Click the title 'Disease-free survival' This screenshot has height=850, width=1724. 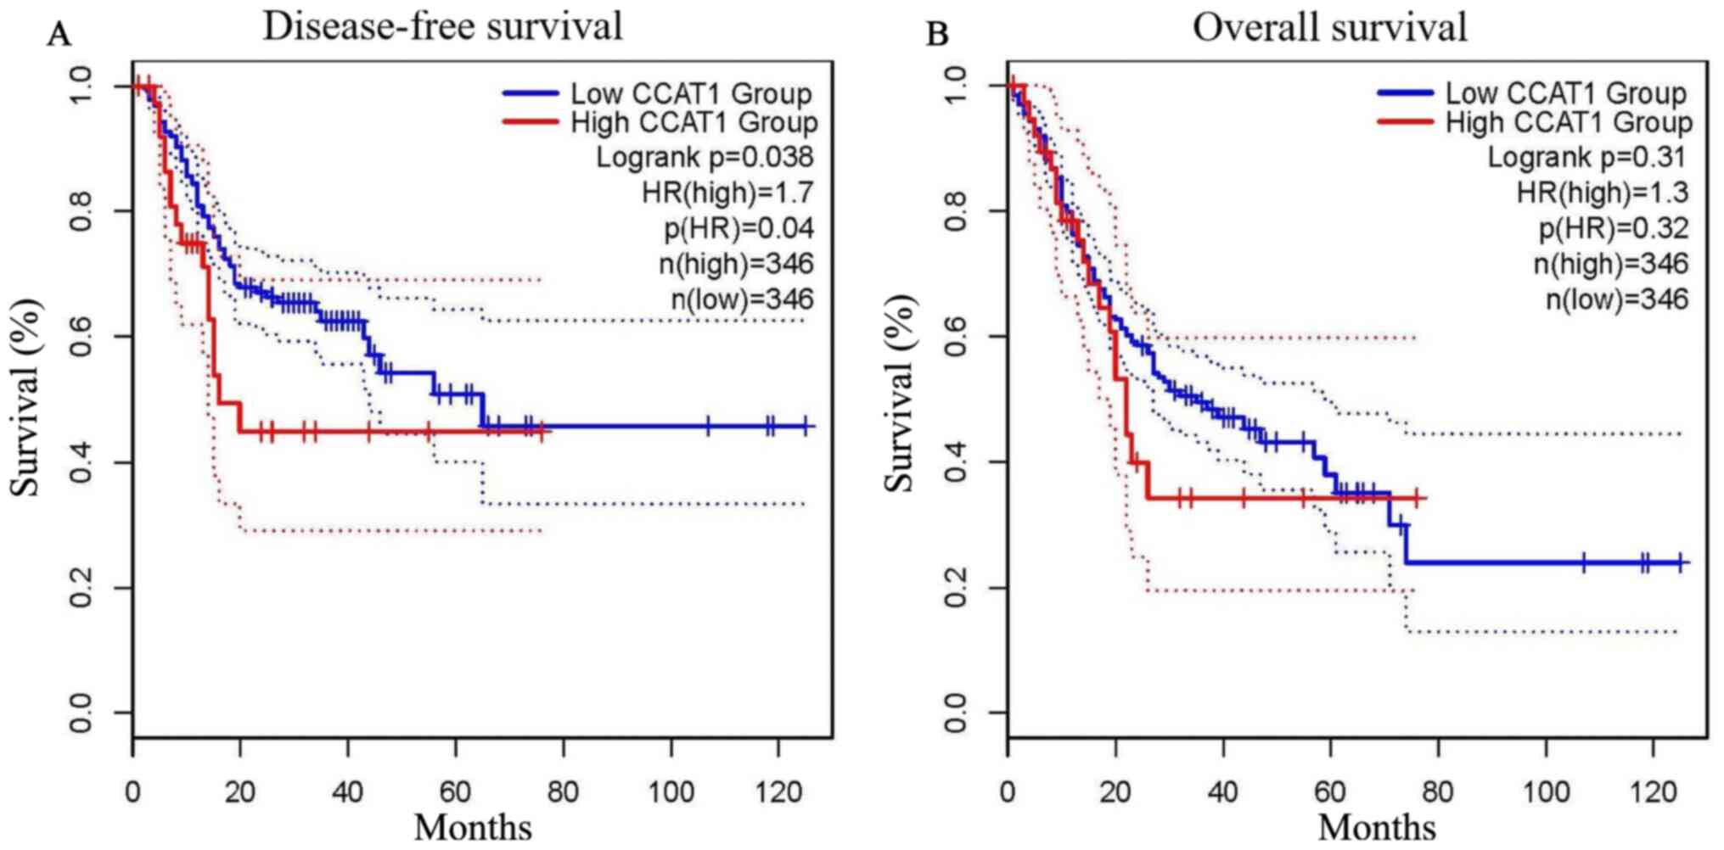(442, 26)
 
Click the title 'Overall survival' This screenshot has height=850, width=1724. (1329, 27)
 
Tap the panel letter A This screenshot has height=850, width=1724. (59, 36)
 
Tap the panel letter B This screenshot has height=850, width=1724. (936, 36)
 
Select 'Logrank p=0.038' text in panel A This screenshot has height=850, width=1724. (704, 157)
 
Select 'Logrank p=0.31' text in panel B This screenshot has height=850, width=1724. (1586, 157)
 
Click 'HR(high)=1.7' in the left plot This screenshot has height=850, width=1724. (727, 193)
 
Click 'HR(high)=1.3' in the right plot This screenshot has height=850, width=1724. (1603, 193)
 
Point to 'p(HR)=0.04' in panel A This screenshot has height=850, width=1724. (738, 228)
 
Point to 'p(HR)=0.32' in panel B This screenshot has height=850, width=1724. (1614, 228)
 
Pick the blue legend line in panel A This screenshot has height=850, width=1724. (531, 92)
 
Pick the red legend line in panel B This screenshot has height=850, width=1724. (1406, 122)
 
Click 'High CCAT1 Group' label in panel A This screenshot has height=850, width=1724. (694, 122)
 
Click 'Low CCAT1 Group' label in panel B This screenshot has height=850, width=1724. (1566, 92)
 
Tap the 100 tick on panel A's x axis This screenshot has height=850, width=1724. (671, 792)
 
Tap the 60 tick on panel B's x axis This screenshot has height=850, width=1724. (1330, 792)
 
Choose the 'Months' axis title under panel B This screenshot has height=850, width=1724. (1376, 827)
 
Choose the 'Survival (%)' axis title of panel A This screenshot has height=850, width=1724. (25, 397)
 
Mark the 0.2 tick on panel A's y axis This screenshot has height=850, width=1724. (81, 587)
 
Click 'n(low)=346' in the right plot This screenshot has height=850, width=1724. (1616, 299)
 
